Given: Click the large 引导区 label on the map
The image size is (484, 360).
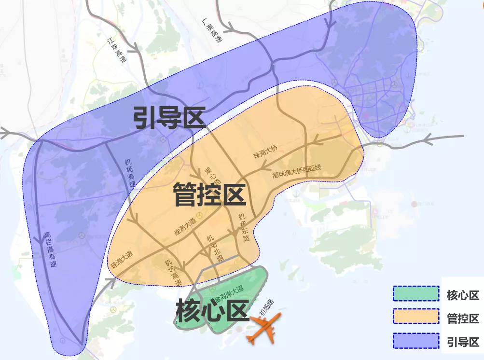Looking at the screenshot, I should (x=170, y=118).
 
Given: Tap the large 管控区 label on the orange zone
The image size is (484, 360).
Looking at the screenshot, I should (x=210, y=195).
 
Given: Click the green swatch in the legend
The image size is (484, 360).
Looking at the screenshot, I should (x=415, y=293).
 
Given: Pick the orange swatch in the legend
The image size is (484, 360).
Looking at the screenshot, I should (x=415, y=317).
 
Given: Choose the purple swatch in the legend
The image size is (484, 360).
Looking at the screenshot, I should (x=415, y=340).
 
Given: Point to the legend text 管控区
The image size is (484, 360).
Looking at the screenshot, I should (x=463, y=318).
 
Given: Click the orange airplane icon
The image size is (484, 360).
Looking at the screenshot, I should (x=263, y=329).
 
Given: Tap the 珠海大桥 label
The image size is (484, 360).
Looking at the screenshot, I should (x=266, y=152).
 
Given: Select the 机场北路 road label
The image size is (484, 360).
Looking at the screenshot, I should (x=212, y=249).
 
